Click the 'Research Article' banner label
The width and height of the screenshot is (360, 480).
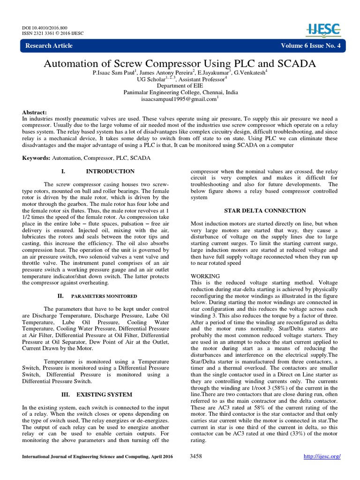pyautogui.click(x=49, y=45)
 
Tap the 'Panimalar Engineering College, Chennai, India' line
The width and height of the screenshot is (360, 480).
pyautogui.click(x=180, y=92)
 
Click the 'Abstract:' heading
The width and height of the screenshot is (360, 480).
pyautogui.click(x=35, y=113)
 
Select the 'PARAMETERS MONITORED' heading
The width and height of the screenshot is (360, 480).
pyautogui.click(x=104, y=296)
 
